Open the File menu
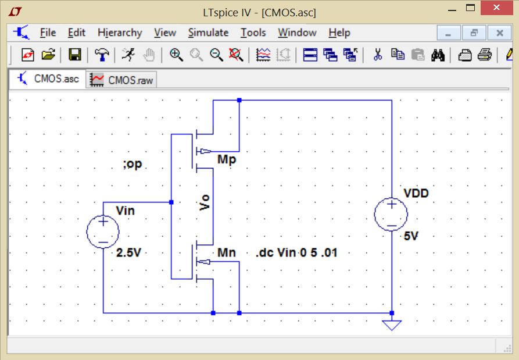click(47, 33)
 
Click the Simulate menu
click(208, 33)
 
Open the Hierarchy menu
click(119, 33)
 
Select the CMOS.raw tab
click(123, 80)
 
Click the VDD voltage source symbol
click(391, 213)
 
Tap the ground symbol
click(392, 323)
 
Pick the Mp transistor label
click(227, 159)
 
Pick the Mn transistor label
click(227, 252)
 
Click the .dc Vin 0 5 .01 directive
click(296, 252)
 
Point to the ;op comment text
click(132, 164)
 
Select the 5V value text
click(411, 236)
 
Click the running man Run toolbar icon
click(128, 55)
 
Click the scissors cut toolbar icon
click(378, 55)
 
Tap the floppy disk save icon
click(74, 55)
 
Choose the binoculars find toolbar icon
click(438, 55)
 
